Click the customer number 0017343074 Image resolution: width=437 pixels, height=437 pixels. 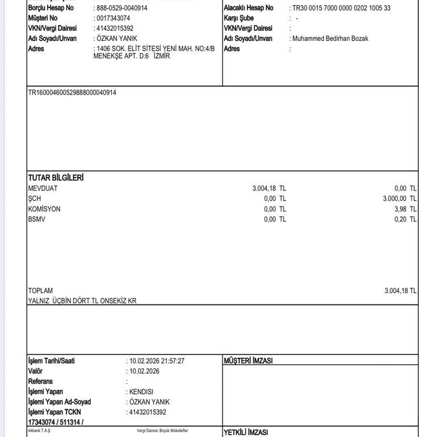point(114,18)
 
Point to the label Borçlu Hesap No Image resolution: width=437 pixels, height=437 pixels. point(51,8)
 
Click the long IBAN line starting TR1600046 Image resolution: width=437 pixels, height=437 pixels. point(72,92)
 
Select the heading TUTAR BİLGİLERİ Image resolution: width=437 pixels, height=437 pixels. point(56,178)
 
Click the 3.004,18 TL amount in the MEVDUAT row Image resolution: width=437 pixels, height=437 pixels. point(269,188)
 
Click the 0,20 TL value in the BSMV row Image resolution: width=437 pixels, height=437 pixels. point(405,219)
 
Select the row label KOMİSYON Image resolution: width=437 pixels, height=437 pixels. point(44,209)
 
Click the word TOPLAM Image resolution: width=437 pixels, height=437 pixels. point(40,291)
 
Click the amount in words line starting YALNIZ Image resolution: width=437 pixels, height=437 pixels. point(83,301)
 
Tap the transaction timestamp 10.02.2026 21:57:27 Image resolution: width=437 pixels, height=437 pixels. point(157,361)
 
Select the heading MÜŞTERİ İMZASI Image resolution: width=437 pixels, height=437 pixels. point(248,361)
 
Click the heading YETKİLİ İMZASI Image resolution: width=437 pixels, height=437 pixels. point(246,432)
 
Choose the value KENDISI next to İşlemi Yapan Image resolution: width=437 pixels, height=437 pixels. point(142,391)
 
